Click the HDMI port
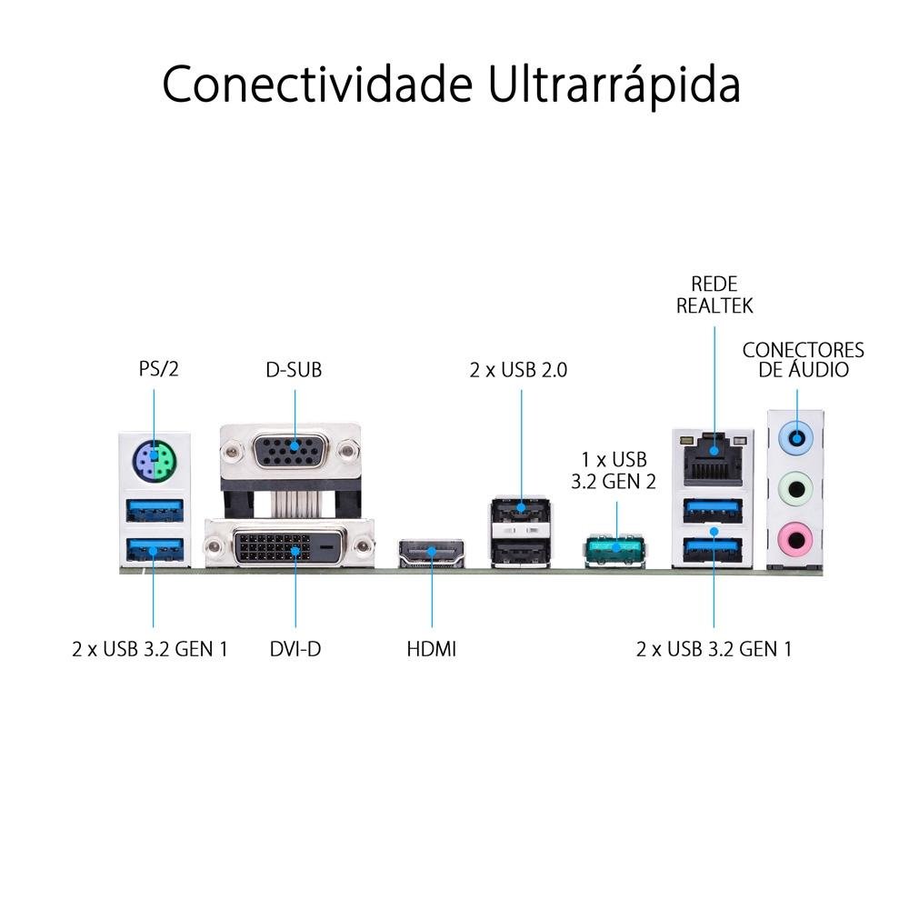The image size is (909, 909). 432,553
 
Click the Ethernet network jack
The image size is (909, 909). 714,458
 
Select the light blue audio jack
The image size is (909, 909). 796,436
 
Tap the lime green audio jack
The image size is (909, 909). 796,489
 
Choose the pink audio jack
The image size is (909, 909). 796,540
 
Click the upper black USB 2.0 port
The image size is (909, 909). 521,512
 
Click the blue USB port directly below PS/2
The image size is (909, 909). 155,510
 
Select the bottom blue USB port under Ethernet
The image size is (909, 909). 714,550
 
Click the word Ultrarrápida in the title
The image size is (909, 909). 614,85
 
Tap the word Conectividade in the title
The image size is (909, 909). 317,85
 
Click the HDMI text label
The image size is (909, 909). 431,649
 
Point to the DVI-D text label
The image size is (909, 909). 295,649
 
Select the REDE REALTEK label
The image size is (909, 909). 714,295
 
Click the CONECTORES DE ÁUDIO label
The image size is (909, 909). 803,359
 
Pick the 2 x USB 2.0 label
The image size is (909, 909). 518,370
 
